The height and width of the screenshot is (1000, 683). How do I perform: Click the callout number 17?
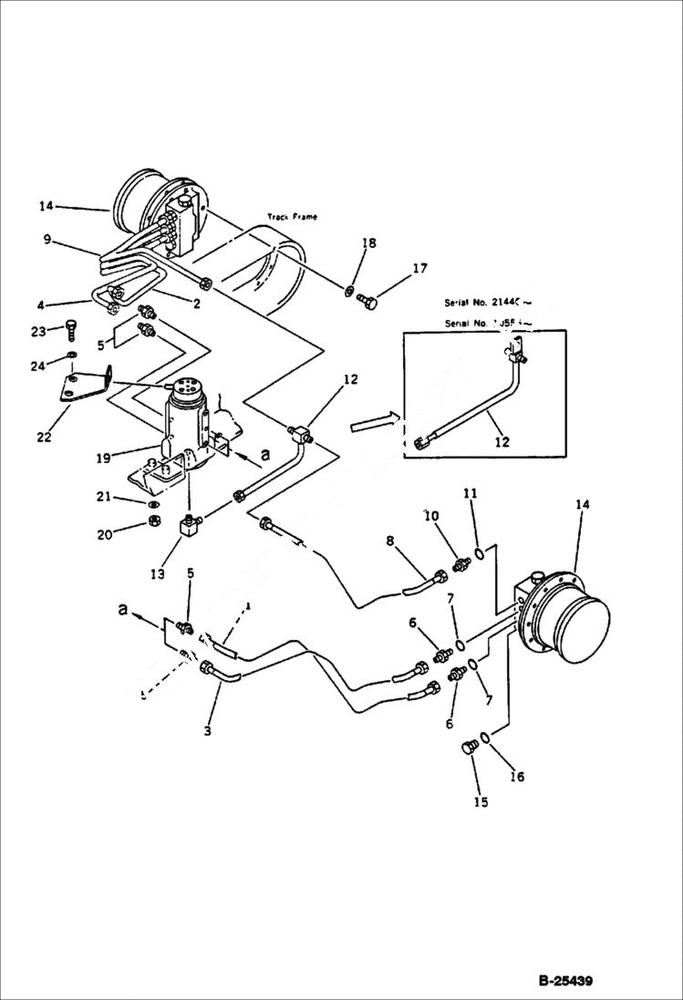[419, 269]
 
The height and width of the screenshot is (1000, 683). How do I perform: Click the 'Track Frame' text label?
[292, 217]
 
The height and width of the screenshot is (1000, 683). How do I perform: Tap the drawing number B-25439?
[564, 982]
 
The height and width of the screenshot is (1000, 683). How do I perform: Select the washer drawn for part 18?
[350, 292]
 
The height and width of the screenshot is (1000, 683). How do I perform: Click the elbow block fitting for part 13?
[191, 527]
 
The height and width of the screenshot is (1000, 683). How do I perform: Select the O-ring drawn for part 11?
[477, 553]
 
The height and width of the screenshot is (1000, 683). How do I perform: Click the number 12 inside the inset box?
[502, 441]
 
